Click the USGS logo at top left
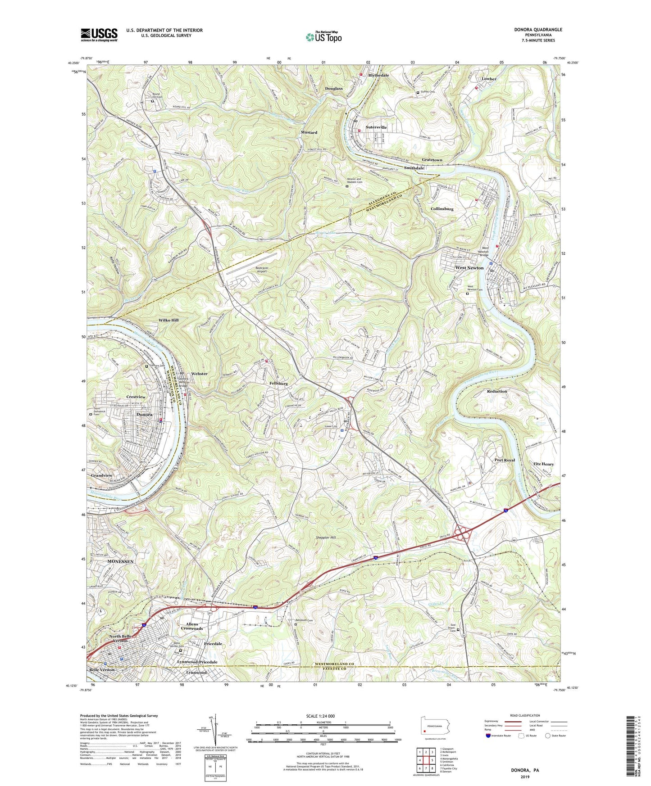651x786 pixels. [99, 35]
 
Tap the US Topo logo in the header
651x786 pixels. [323, 37]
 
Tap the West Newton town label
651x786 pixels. [469, 268]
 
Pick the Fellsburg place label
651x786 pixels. [278, 384]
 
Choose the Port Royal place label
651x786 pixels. [504, 460]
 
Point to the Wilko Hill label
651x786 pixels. [168, 320]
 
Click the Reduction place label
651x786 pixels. [497, 391]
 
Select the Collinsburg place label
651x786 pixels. [442, 209]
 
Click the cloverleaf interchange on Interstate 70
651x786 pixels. [463, 534]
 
